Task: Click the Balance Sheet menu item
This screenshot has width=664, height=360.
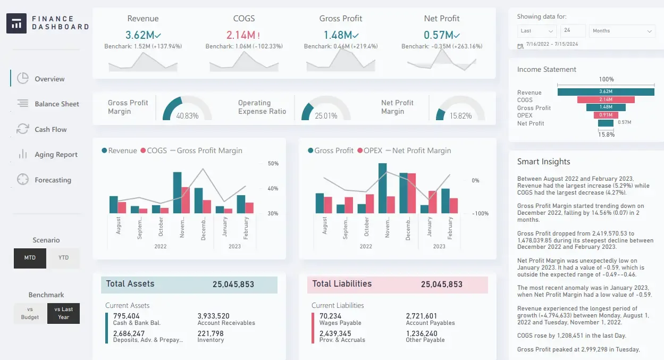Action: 56,104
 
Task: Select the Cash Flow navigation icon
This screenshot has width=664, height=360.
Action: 22,129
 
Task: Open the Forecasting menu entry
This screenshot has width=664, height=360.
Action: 53,180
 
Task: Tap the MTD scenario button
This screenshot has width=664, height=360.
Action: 30,258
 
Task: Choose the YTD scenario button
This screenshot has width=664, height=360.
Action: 63,258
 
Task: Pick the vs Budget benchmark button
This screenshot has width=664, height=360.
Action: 30,313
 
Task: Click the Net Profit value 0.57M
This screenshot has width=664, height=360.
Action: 438,35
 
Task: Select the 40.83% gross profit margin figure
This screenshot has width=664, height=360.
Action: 187,115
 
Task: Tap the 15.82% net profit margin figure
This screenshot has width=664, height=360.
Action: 460,115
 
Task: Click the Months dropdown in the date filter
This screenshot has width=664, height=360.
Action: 621,31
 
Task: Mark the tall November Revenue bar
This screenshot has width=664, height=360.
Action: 178,192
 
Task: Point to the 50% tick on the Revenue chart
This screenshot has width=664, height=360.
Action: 273,163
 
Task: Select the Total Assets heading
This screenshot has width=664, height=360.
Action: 130,284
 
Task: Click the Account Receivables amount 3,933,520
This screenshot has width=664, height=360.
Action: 213,316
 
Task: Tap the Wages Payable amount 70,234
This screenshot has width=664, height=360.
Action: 330,316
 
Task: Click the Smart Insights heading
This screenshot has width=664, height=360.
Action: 543,162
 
